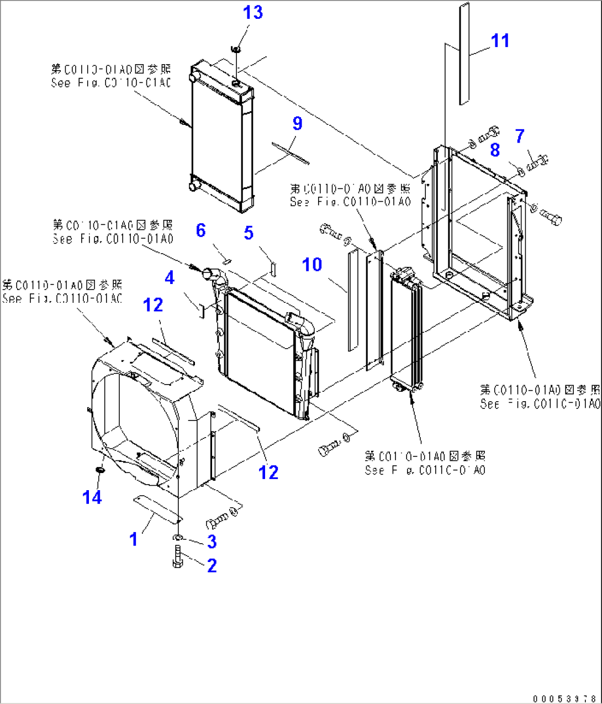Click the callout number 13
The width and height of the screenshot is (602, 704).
(x=253, y=13)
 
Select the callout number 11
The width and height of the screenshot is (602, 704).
(x=500, y=40)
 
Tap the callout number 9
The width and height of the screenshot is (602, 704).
(x=297, y=123)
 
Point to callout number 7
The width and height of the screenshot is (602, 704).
(x=520, y=136)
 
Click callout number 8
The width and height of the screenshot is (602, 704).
(x=495, y=149)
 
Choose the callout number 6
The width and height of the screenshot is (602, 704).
(x=201, y=230)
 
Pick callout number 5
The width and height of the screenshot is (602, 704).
(x=249, y=233)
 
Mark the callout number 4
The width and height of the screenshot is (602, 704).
(x=170, y=277)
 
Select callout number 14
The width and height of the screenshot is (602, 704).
(x=92, y=497)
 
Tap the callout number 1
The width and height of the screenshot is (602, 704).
(x=133, y=539)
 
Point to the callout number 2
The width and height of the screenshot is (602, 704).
(x=212, y=565)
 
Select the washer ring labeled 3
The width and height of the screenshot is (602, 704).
(x=178, y=538)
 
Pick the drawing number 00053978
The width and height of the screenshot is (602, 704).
(x=564, y=698)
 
